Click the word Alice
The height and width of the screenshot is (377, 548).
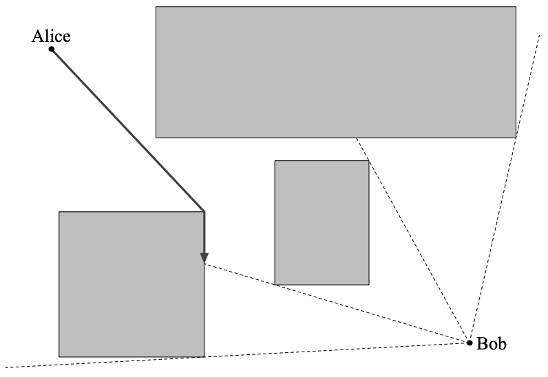point(51,36)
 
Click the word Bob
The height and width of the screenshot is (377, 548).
point(492,343)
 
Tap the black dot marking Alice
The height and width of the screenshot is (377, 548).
point(52,49)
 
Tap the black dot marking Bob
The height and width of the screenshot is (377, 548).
point(470,343)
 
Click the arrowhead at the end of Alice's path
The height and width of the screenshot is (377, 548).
point(204,258)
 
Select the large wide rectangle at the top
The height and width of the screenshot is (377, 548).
point(336,72)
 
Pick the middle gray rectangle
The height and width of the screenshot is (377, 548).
point(322,223)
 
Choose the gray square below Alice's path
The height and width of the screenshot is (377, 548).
point(131,284)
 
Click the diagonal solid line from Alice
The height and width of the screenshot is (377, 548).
point(127,130)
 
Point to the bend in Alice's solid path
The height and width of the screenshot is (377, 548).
point(204,211)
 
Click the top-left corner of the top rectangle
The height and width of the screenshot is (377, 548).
point(156,7)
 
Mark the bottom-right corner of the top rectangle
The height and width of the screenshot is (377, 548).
point(516,138)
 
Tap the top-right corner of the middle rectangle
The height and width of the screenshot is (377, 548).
point(369,161)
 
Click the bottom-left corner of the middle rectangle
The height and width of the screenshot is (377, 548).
point(275,285)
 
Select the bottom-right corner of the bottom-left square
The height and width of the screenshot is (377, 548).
point(204,357)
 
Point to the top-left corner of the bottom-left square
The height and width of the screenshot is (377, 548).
point(59,212)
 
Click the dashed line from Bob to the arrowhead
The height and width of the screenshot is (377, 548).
point(337,303)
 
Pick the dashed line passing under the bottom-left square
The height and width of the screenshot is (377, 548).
point(238,355)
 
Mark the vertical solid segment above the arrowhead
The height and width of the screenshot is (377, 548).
point(204,233)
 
